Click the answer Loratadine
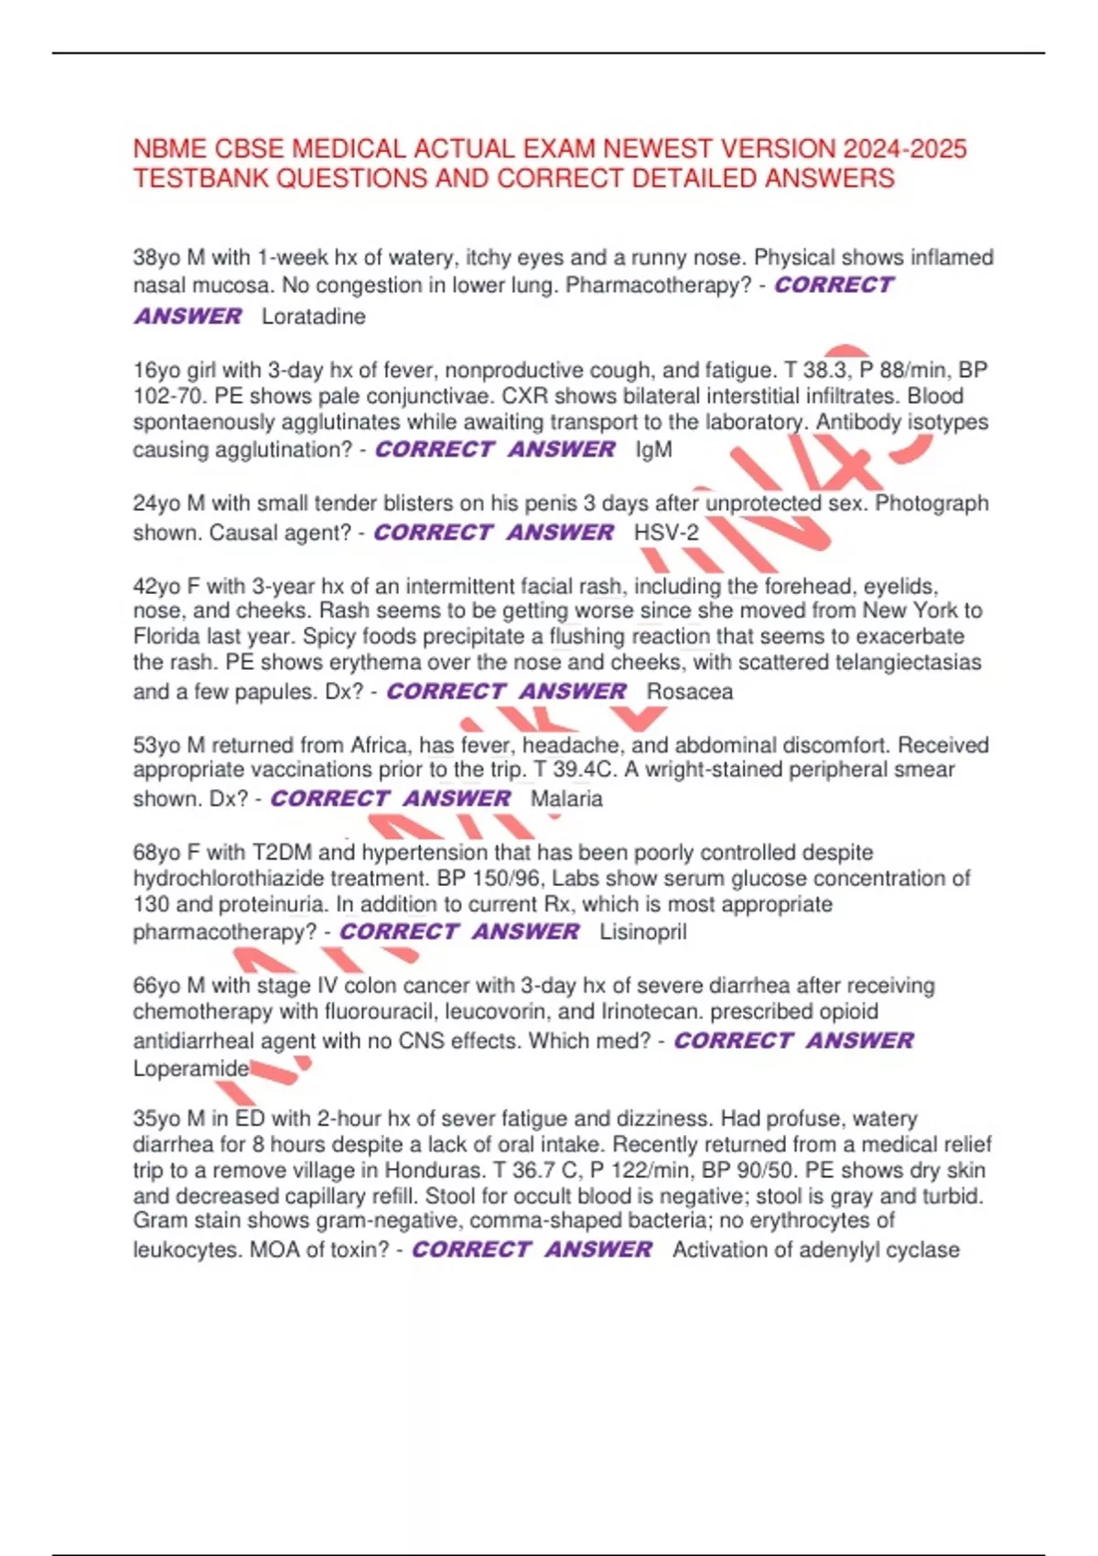click(313, 317)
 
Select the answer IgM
click(653, 450)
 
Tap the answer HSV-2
click(666, 533)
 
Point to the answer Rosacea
click(689, 692)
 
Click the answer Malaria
click(566, 799)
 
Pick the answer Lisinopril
click(642, 933)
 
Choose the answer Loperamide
click(190, 1068)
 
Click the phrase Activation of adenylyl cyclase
click(815, 1250)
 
